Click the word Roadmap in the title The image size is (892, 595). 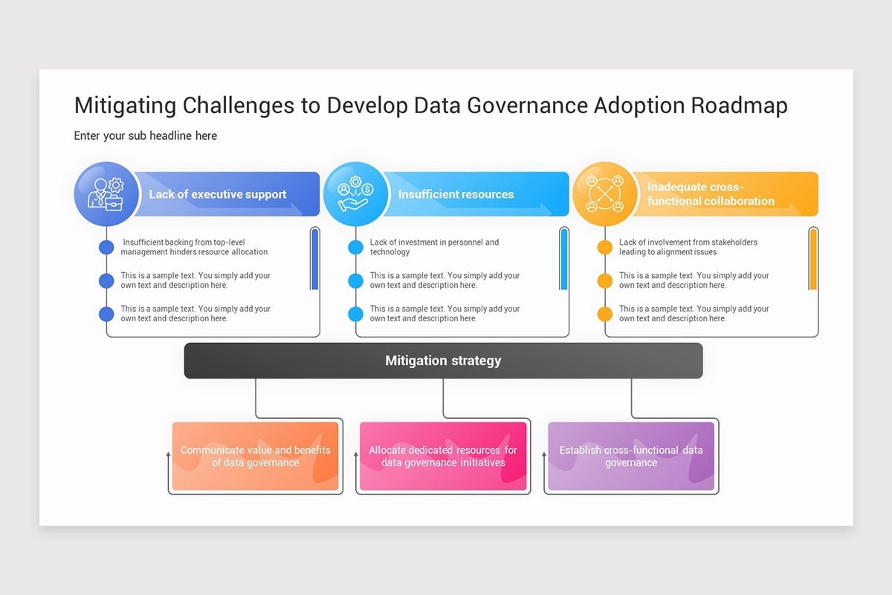pos(739,106)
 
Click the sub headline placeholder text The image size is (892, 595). pos(146,135)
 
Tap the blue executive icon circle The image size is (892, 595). pos(106,194)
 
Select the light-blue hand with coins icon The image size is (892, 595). pos(355,194)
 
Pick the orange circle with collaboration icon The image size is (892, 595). pos(605,194)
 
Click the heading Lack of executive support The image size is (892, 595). pos(218,194)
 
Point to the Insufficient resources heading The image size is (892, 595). pos(456,194)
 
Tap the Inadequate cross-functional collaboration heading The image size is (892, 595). pos(711,194)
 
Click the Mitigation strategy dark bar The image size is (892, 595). pos(443,361)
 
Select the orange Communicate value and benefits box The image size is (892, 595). pos(255,457)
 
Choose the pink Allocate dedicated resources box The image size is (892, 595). pos(443,457)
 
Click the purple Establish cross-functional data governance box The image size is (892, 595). pos(631,457)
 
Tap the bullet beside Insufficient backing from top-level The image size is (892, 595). pos(106,247)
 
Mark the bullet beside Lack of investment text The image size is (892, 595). pos(356,247)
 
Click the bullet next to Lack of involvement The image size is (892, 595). pos(605,247)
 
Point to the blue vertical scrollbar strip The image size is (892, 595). pos(314,259)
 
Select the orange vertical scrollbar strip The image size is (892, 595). pos(813,259)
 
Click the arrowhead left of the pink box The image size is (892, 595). pos(356,453)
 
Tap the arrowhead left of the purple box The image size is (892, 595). pos(544,453)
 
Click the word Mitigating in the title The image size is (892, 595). pos(125,106)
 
